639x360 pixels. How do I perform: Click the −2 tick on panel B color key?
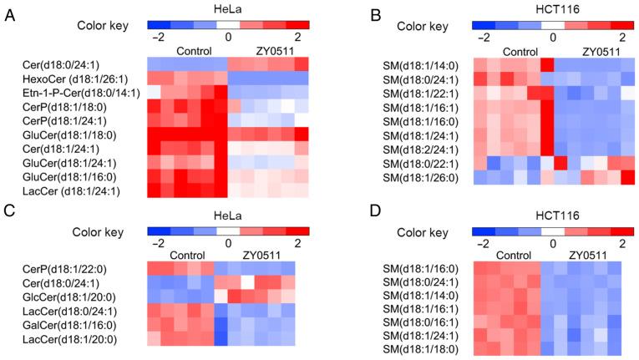(482, 38)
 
